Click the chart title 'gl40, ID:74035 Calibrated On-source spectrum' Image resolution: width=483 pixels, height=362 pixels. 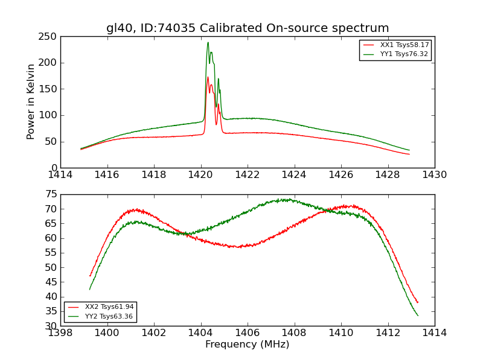click(x=248, y=28)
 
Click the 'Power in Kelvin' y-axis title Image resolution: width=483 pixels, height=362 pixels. click(x=31, y=102)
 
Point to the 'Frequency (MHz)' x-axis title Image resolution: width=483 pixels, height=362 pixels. click(x=248, y=345)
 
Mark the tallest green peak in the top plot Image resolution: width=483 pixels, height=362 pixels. click(x=208, y=42)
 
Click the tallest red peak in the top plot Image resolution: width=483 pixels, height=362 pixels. click(x=208, y=77)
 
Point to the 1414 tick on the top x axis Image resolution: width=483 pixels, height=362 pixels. click(x=61, y=175)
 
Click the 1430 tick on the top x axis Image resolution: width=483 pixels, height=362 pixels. click(x=434, y=175)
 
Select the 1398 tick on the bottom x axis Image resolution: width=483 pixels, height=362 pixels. click(x=61, y=333)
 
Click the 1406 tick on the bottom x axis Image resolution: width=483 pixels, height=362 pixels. click(x=248, y=333)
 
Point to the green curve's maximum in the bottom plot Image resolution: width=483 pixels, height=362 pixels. click(x=289, y=199)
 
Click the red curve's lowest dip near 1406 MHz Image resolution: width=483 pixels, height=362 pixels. click(x=240, y=247)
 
